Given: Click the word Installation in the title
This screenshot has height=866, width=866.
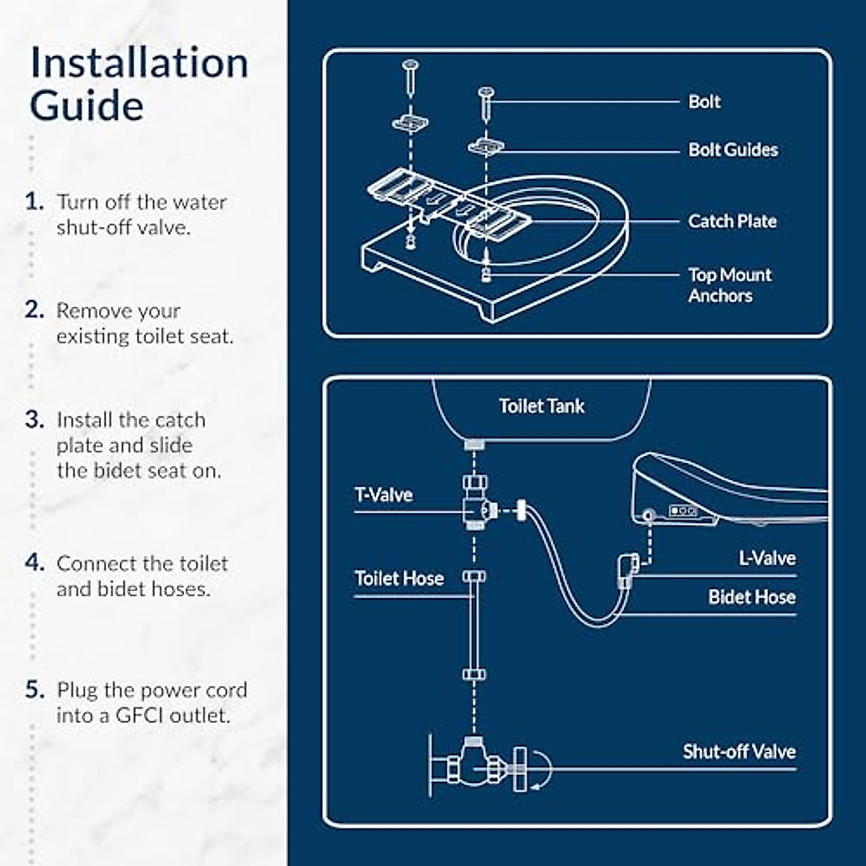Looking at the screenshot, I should click(x=139, y=64).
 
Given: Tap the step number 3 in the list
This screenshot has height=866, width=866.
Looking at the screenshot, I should click(x=34, y=420).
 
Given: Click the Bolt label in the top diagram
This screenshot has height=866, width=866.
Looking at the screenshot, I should click(x=704, y=102).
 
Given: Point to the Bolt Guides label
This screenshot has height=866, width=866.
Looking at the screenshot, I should click(x=732, y=150).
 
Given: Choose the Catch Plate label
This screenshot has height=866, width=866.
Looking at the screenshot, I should click(x=732, y=222).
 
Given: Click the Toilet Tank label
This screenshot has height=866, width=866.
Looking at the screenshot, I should click(x=541, y=406).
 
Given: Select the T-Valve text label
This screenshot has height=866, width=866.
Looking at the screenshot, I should click(x=383, y=495).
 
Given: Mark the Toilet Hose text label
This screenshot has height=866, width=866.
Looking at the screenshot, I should click(x=398, y=579).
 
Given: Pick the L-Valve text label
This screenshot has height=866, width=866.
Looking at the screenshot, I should click(x=766, y=559).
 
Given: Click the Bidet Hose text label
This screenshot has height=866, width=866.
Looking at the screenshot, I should click(x=751, y=598).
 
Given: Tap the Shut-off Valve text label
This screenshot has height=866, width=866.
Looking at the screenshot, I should click(x=739, y=752).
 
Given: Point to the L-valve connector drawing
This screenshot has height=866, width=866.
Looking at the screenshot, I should click(x=626, y=569).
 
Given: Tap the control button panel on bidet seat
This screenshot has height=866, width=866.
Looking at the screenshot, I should click(x=683, y=511).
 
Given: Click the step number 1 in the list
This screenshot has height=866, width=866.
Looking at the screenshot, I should click(x=34, y=201).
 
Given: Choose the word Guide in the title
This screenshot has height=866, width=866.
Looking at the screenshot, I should click(x=87, y=106).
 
